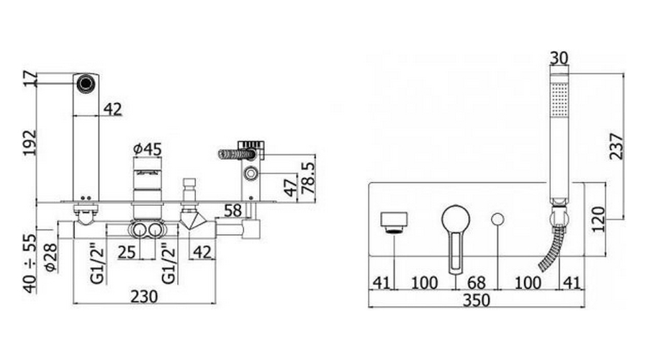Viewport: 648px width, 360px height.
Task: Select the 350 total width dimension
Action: [x=477, y=300]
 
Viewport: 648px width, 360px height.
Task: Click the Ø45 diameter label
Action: [x=148, y=149]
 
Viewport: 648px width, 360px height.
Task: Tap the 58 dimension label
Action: [x=232, y=211]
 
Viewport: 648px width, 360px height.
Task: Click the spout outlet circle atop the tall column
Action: [x=86, y=82]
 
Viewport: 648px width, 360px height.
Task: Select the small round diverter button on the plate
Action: [x=498, y=219]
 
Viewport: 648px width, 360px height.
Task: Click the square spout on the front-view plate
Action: [x=394, y=221]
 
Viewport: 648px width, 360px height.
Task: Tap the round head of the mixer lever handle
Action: [x=455, y=217]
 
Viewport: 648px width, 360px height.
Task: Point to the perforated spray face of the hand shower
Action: [x=559, y=101]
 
